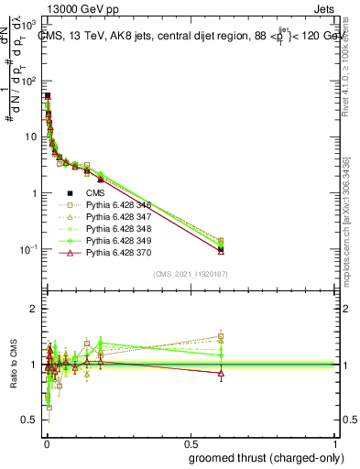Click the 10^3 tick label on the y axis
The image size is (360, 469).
point(27,26)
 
